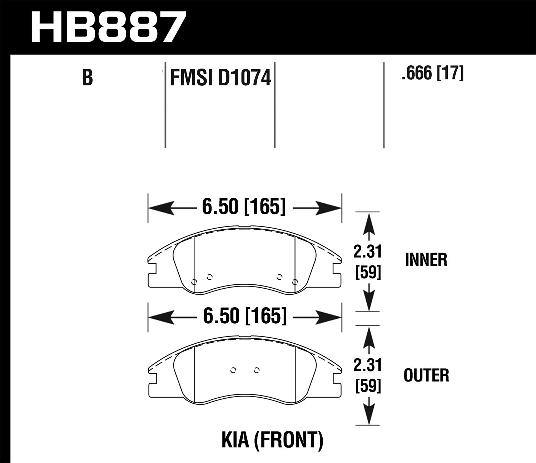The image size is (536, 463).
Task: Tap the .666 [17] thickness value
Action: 432,74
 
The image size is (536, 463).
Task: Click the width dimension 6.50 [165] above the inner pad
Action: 244,207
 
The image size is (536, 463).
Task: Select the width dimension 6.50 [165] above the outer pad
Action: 245,316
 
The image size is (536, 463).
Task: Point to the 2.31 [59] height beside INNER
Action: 368,263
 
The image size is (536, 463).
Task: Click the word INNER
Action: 426,260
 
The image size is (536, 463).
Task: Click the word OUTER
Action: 426,375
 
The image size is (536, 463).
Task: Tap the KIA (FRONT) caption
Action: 272,440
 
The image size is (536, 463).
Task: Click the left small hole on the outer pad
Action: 233,370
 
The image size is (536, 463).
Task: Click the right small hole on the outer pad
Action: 256,370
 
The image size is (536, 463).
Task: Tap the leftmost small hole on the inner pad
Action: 194,282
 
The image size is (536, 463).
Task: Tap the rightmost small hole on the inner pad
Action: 294,282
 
